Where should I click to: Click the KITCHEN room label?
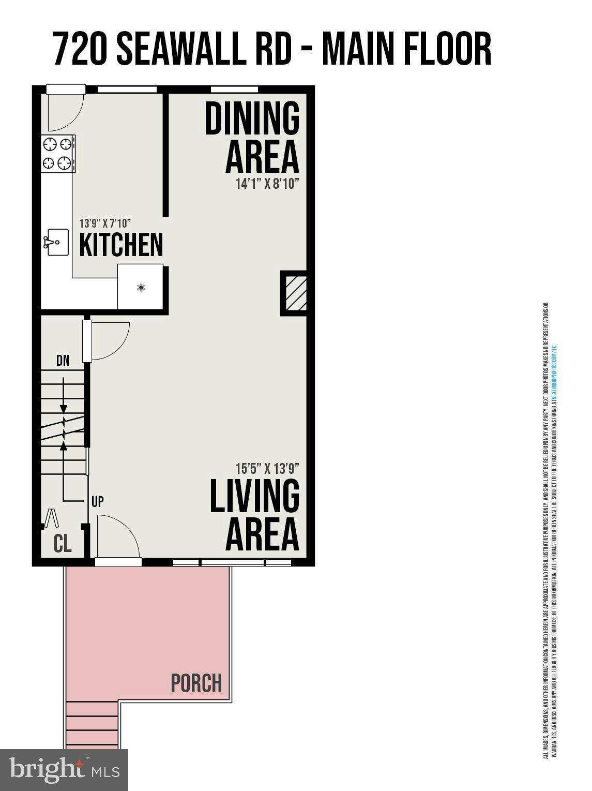(x=121, y=245)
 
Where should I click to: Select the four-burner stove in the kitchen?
(x=57, y=154)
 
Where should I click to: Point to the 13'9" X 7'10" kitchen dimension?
(x=104, y=223)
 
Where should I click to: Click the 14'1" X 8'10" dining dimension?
(x=267, y=184)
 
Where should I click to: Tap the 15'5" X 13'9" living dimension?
(x=267, y=469)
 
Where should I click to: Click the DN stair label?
(x=63, y=361)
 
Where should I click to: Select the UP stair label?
(x=97, y=501)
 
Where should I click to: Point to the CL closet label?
(x=63, y=544)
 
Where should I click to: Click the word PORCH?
(x=196, y=683)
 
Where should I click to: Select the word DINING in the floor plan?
(x=252, y=118)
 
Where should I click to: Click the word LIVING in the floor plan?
(x=254, y=496)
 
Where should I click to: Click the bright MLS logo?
(x=64, y=770)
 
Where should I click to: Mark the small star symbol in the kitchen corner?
(x=141, y=287)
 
